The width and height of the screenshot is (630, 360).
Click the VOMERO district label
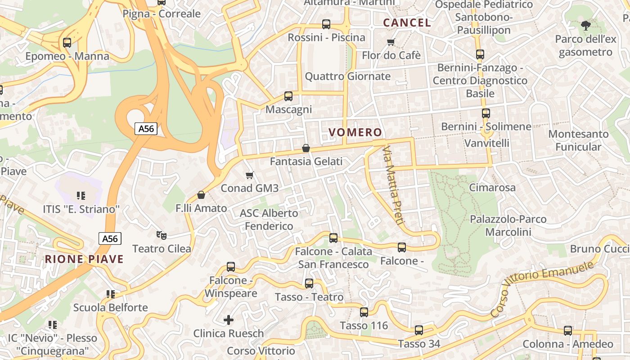pyautogui.click(x=355, y=132)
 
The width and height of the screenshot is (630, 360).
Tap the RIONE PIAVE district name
pyautogui.click(x=84, y=259)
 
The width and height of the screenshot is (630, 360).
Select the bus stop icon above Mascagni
pyautogui.click(x=288, y=96)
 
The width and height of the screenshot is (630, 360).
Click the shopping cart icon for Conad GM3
pyautogui.click(x=250, y=175)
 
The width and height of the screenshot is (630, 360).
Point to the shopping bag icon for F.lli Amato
pyautogui.click(x=201, y=195)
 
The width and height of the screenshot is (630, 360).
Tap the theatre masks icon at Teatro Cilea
pyautogui.click(x=162, y=235)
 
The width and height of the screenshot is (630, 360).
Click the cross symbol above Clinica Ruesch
pyautogui.click(x=229, y=320)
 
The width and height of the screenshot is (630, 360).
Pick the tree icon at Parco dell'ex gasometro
pyautogui.click(x=585, y=25)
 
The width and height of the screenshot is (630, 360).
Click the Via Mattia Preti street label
pyautogui.click(x=394, y=185)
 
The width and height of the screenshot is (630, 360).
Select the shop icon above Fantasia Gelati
pyautogui.click(x=306, y=148)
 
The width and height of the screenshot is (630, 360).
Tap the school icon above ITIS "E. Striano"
pyautogui.click(x=81, y=195)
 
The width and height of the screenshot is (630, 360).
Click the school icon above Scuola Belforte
pyautogui.click(x=111, y=294)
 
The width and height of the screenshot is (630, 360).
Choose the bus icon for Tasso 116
pyautogui.click(x=364, y=312)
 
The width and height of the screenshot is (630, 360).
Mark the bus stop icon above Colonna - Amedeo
pyautogui.click(x=568, y=331)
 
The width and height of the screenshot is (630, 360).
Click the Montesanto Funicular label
pyautogui.click(x=578, y=140)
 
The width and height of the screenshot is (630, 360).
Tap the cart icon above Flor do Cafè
pyautogui.click(x=391, y=42)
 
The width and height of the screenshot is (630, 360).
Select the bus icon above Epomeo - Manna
pyautogui.click(x=67, y=43)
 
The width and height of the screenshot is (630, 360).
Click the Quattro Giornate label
pyautogui.click(x=347, y=76)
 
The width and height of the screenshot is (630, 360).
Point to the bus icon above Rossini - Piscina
pyautogui.click(x=326, y=24)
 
